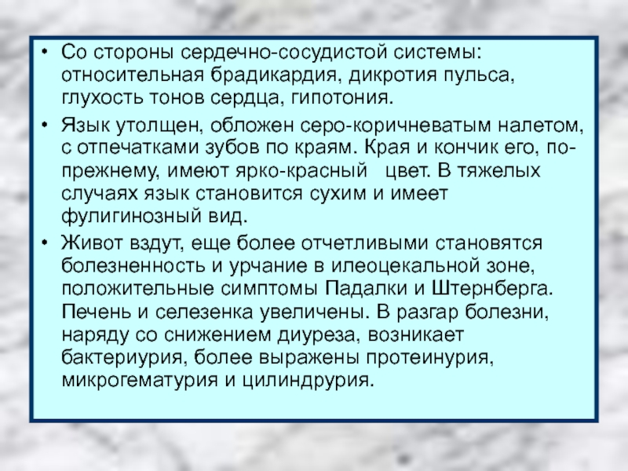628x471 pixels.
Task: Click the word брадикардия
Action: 273,75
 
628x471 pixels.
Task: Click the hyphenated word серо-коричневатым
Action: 396,126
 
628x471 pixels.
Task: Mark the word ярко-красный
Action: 301,171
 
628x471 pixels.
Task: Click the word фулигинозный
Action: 130,217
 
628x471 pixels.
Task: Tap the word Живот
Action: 89,243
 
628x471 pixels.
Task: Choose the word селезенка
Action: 204,312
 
